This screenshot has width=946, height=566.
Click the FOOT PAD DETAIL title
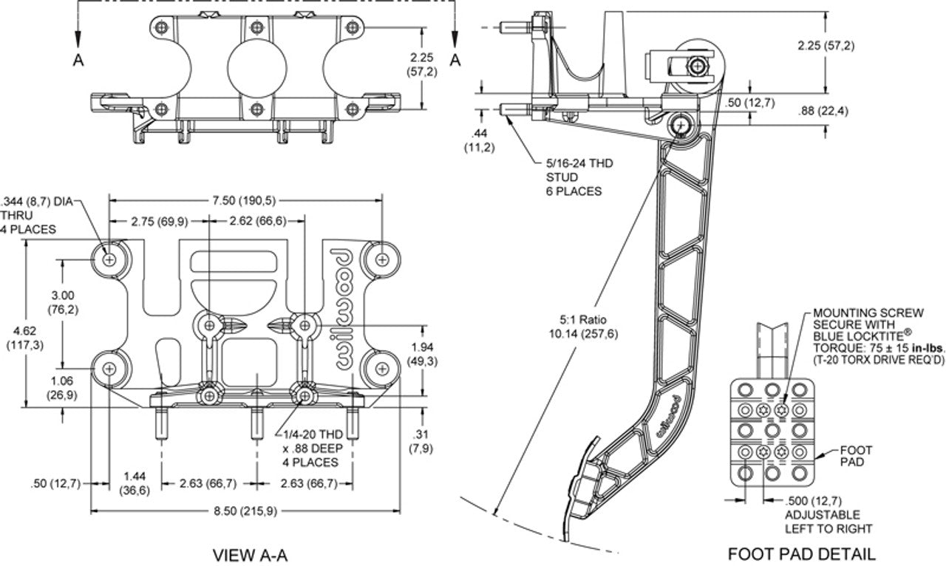[801, 553]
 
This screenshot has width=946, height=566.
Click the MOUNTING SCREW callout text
[869, 336]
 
